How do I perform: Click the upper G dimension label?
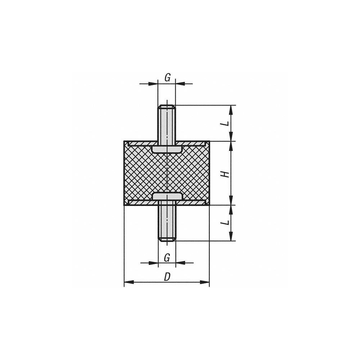tap(167, 77)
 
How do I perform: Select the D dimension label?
tap(167, 277)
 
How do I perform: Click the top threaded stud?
tap(167, 124)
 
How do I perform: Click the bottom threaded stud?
tap(167, 223)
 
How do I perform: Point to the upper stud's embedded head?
tap(167, 149)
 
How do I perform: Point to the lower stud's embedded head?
tap(167, 196)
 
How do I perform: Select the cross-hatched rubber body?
tap(144, 173)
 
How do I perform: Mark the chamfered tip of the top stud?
tap(167, 107)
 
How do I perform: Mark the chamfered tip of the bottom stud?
tap(167, 239)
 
